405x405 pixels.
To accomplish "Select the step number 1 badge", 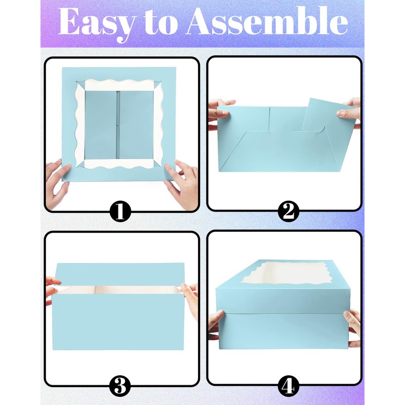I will (x=120, y=212).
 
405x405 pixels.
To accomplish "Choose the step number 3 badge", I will (x=120, y=387).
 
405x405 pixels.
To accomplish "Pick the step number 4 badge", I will (x=288, y=387).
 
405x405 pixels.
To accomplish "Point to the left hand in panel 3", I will (x=52, y=289).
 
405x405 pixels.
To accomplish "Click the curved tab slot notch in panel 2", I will (x=320, y=133).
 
